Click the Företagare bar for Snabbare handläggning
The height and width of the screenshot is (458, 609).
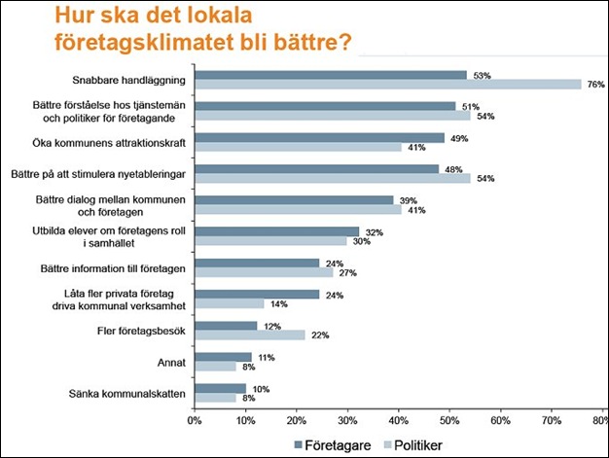(331, 74)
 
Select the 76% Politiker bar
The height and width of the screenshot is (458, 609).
(387, 85)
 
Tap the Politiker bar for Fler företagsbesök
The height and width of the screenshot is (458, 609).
(250, 335)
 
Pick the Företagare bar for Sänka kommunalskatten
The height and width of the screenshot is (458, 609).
(220, 387)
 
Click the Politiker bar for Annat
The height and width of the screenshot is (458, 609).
(215, 367)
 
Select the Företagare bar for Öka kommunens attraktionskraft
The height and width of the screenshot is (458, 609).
(319, 137)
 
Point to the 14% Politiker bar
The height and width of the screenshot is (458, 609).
(230, 303)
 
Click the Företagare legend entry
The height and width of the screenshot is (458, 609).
(331, 444)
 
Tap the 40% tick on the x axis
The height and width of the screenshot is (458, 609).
(399, 419)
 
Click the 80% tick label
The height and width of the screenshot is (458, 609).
(604, 419)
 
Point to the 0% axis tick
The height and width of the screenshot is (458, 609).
(194, 419)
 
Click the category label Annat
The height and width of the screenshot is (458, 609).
(170, 362)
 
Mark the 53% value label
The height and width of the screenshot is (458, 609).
(480, 74)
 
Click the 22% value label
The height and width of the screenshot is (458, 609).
(318, 335)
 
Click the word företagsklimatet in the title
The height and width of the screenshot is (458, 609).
(135, 43)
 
